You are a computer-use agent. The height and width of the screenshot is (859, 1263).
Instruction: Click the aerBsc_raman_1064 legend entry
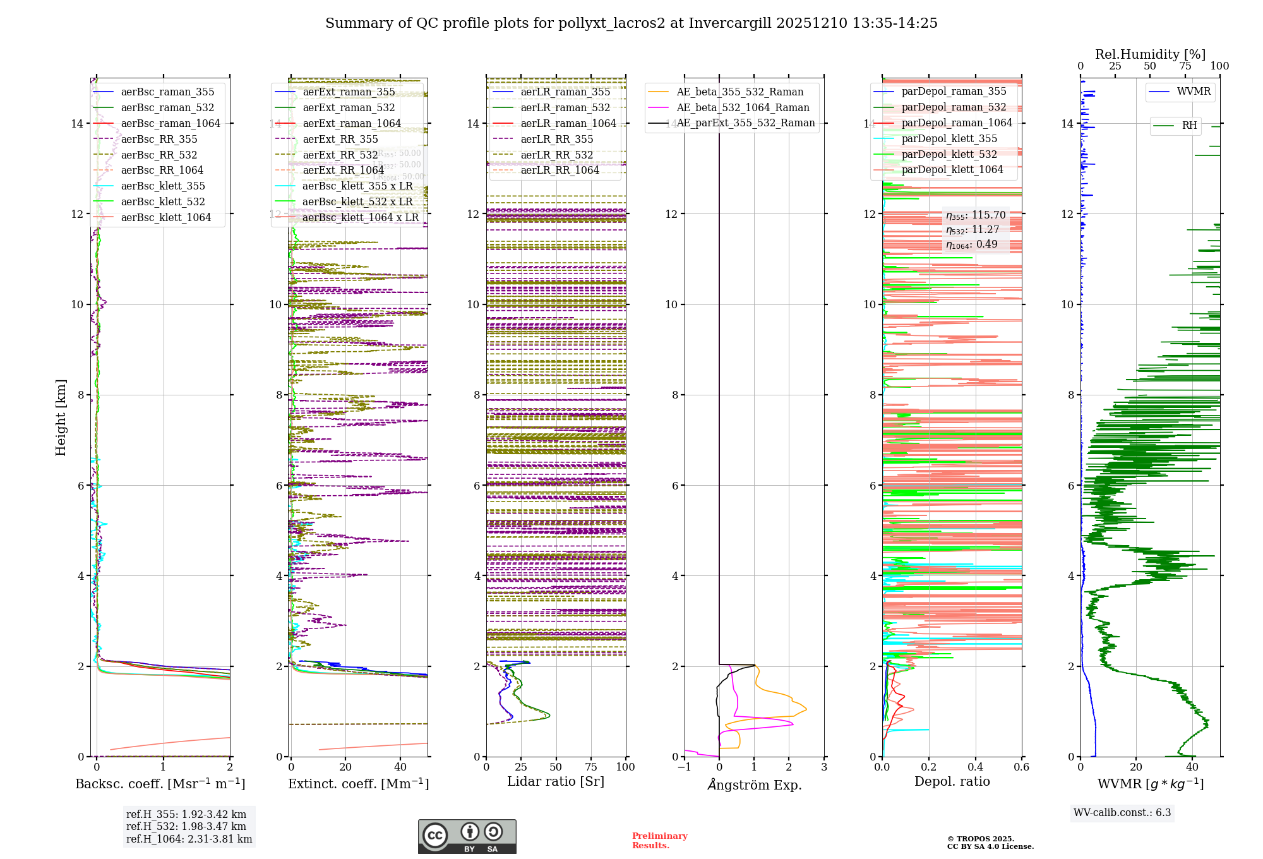(171, 123)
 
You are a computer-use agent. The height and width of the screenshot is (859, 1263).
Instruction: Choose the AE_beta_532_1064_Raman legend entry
(743, 107)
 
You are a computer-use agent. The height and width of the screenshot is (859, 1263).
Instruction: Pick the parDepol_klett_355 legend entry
(949, 138)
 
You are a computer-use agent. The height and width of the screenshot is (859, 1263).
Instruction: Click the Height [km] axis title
(61, 417)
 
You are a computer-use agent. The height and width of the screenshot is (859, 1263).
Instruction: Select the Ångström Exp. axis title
(754, 784)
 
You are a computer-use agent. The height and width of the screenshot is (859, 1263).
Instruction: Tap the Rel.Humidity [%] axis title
(1150, 54)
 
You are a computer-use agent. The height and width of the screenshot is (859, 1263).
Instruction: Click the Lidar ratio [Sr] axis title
(555, 781)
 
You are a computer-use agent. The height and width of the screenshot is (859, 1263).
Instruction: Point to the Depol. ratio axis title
(952, 781)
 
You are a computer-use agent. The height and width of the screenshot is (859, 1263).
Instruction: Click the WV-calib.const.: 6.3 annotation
(1122, 812)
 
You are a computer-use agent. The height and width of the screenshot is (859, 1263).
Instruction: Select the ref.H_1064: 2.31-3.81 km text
(189, 839)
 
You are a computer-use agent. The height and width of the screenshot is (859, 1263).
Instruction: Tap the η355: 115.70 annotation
(975, 215)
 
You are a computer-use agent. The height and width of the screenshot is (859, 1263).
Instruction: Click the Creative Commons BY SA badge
(467, 836)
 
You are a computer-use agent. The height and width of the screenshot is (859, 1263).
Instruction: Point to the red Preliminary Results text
(659, 840)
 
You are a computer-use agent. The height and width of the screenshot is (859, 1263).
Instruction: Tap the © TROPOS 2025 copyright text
(980, 839)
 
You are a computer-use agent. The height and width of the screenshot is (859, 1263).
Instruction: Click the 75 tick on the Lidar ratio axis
(591, 767)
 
